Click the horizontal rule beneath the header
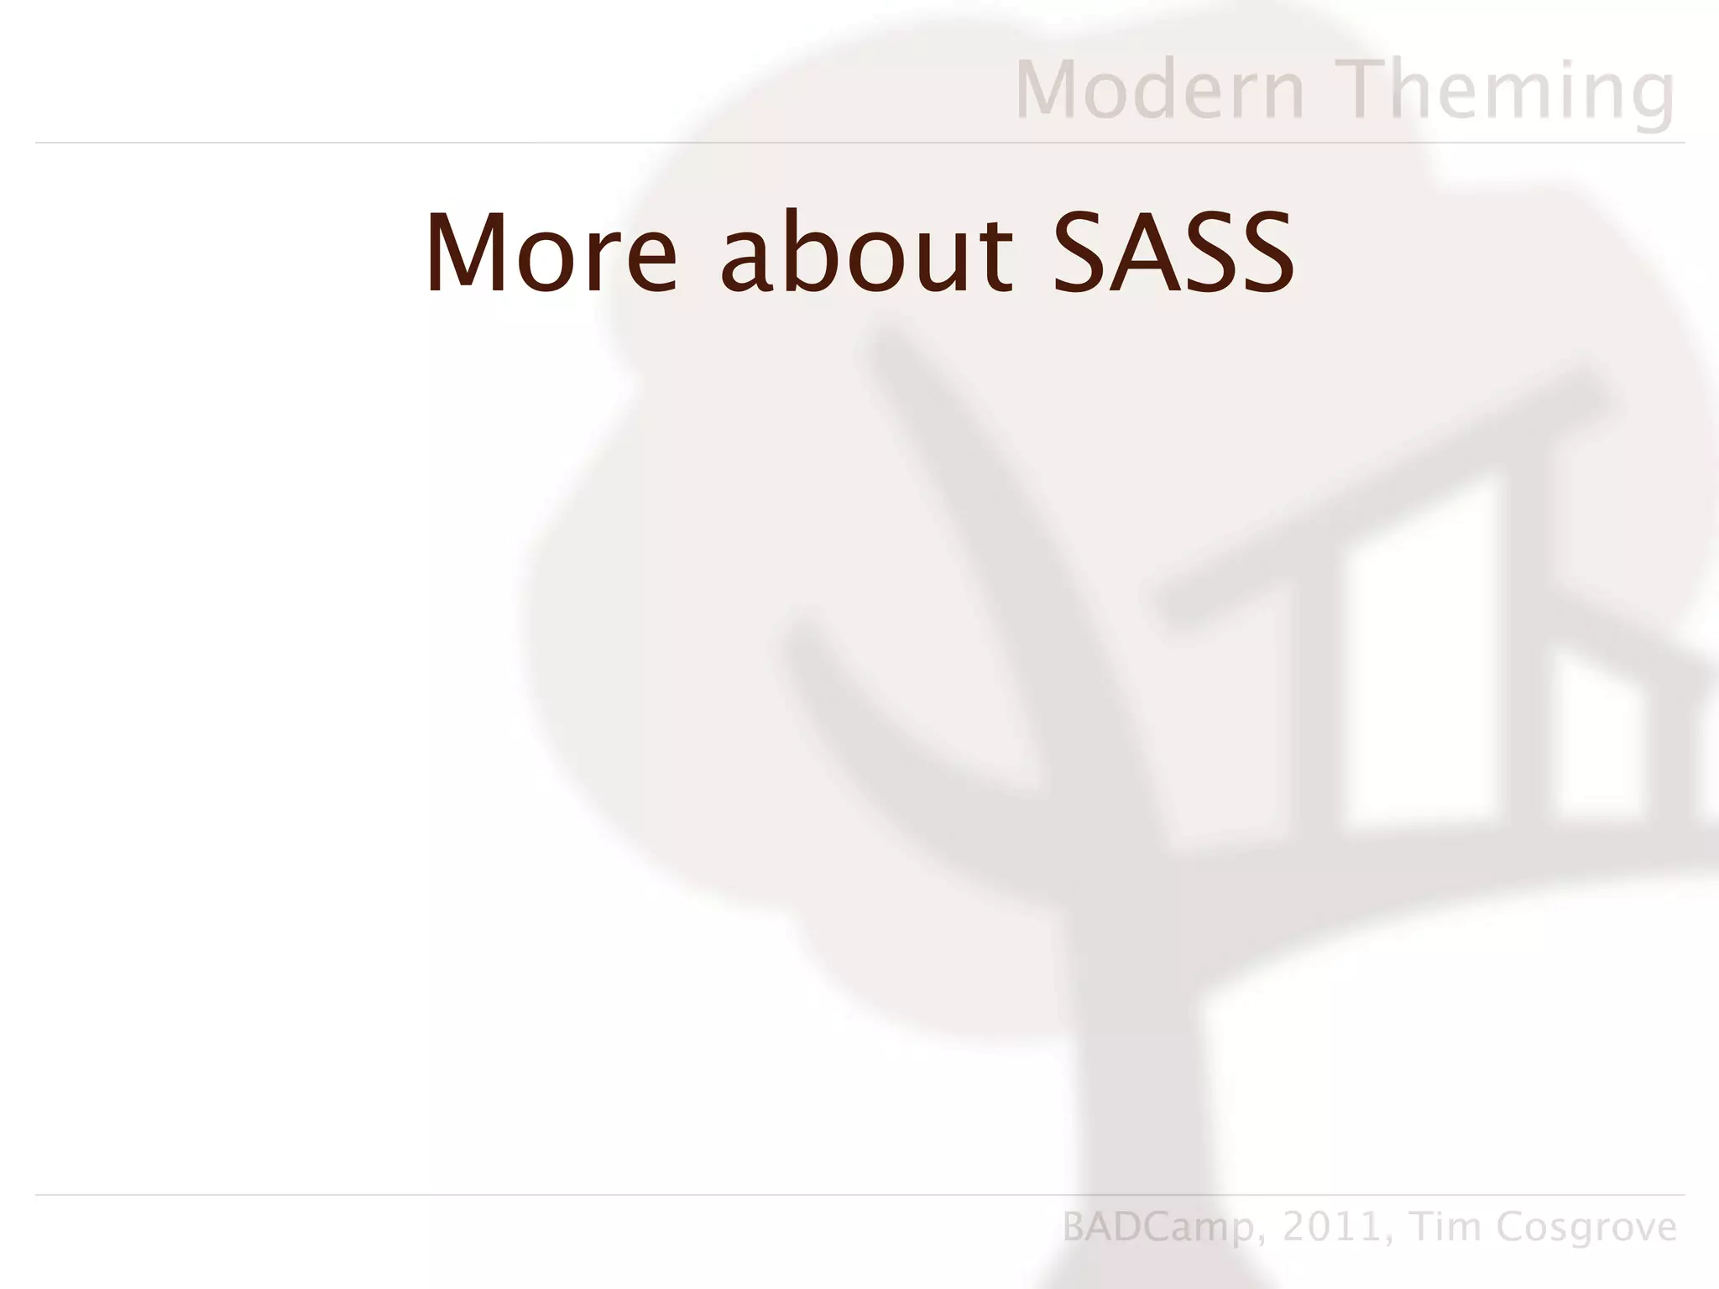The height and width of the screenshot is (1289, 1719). click(x=859, y=143)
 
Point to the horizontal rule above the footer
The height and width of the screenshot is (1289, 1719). click(x=859, y=1194)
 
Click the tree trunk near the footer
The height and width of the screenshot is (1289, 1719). click(x=1125, y=1091)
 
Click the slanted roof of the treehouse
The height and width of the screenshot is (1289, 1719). click(x=1385, y=495)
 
